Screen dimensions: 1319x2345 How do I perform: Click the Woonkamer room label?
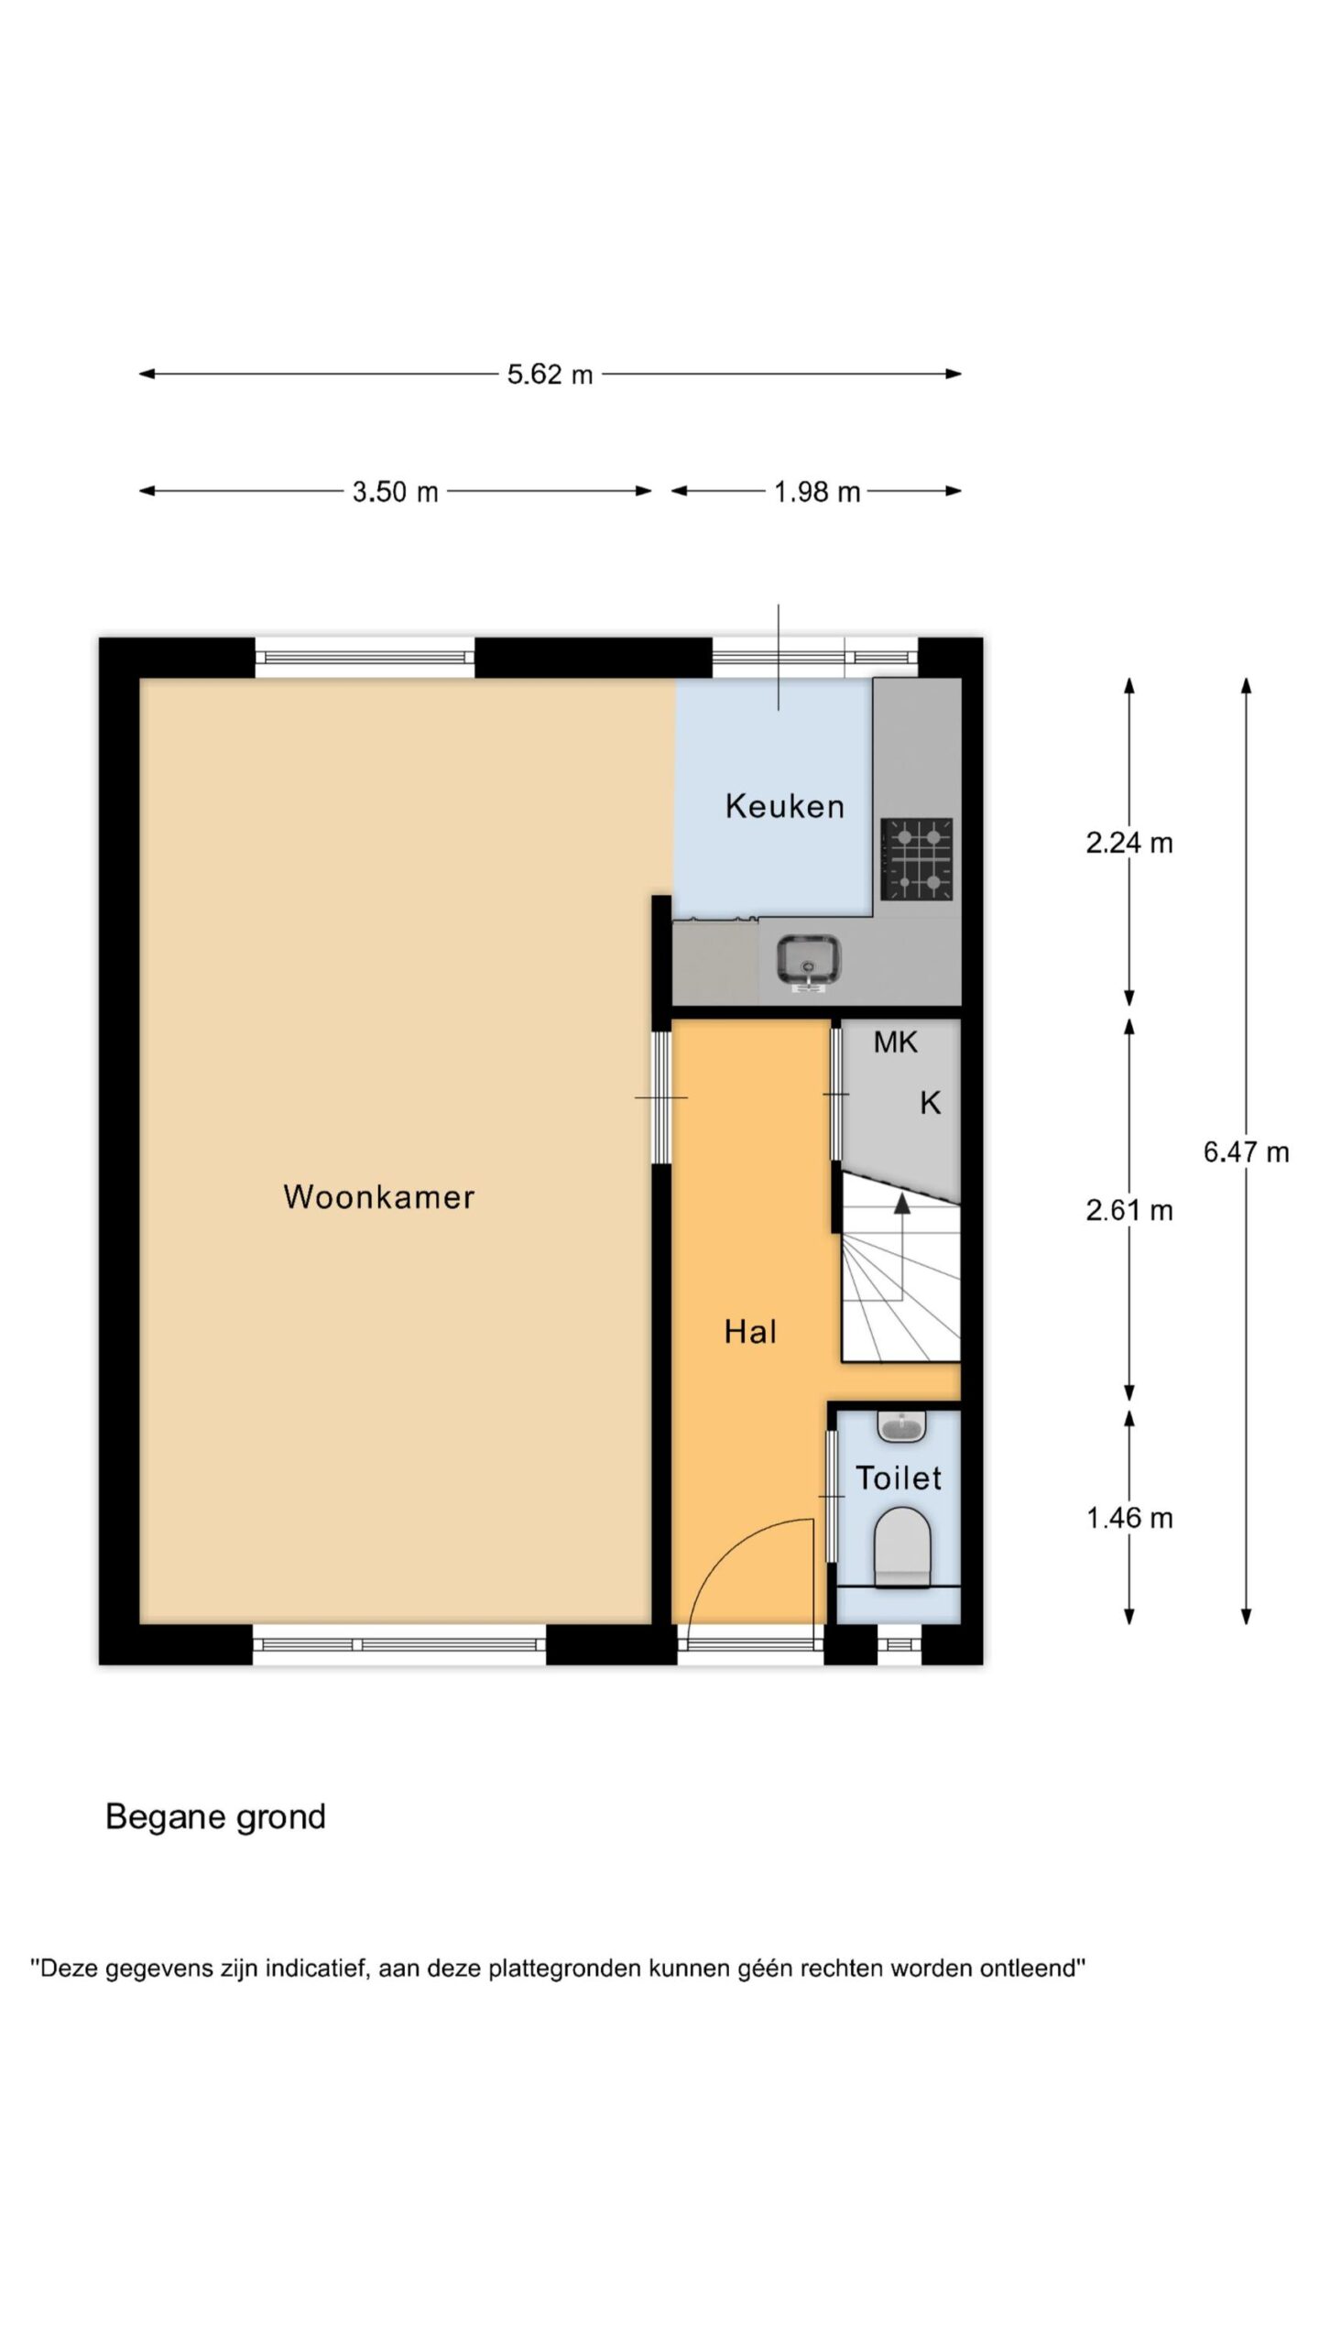coord(379,1197)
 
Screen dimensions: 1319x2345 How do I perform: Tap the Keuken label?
coord(785,806)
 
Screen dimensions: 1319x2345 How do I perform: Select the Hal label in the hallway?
coord(750,1332)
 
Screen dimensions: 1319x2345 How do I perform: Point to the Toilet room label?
coord(899,1478)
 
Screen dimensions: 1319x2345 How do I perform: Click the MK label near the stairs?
coord(895,1042)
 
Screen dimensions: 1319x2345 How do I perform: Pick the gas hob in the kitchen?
coord(917,859)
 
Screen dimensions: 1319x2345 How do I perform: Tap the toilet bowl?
coord(903,1549)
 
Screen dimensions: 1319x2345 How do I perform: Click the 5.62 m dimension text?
coord(550,375)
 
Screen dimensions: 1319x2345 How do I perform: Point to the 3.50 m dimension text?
coord(396,492)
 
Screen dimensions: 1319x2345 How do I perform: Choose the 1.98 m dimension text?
coord(817,492)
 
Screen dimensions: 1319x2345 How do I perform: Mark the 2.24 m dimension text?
coord(1129,843)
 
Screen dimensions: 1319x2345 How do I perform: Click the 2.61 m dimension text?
coord(1129,1211)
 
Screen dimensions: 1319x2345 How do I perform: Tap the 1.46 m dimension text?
coord(1129,1519)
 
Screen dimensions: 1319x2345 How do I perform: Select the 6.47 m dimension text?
coord(1247,1152)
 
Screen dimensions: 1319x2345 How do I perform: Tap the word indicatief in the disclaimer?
coord(315,1968)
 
